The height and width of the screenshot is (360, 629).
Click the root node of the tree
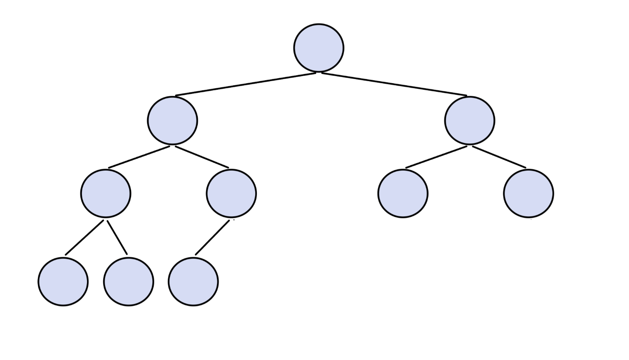(x=318, y=48)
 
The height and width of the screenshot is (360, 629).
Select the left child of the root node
(x=172, y=121)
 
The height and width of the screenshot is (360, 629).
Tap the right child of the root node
(x=470, y=121)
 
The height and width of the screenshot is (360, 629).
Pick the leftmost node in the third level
(x=106, y=194)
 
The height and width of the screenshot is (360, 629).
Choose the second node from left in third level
(x=231, y=194)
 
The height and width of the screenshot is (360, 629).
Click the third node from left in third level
(x=403, y=194)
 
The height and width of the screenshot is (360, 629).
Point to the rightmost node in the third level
(x=528, y=194)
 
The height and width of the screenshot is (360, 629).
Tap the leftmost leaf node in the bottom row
(x=63, y=282)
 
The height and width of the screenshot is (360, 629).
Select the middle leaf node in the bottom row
(x=128, y=282)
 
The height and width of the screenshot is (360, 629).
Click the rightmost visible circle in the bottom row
(x=193, y=282)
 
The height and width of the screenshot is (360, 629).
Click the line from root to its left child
(x=246, y=84)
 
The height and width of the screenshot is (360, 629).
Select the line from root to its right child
(x=394, y=84)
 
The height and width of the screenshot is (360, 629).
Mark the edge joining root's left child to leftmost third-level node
(x=139, y=157)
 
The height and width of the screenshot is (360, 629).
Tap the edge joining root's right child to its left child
(x=436, y=157)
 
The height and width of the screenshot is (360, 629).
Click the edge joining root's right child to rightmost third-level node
(x=499, y=157)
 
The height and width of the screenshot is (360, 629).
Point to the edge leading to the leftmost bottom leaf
(x=85, y=237)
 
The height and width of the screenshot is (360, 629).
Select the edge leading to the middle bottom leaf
(x=117, y=237)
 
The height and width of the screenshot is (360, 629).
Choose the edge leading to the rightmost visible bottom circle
(x=212, y=237)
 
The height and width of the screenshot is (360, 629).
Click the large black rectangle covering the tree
(x=420, y=271)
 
